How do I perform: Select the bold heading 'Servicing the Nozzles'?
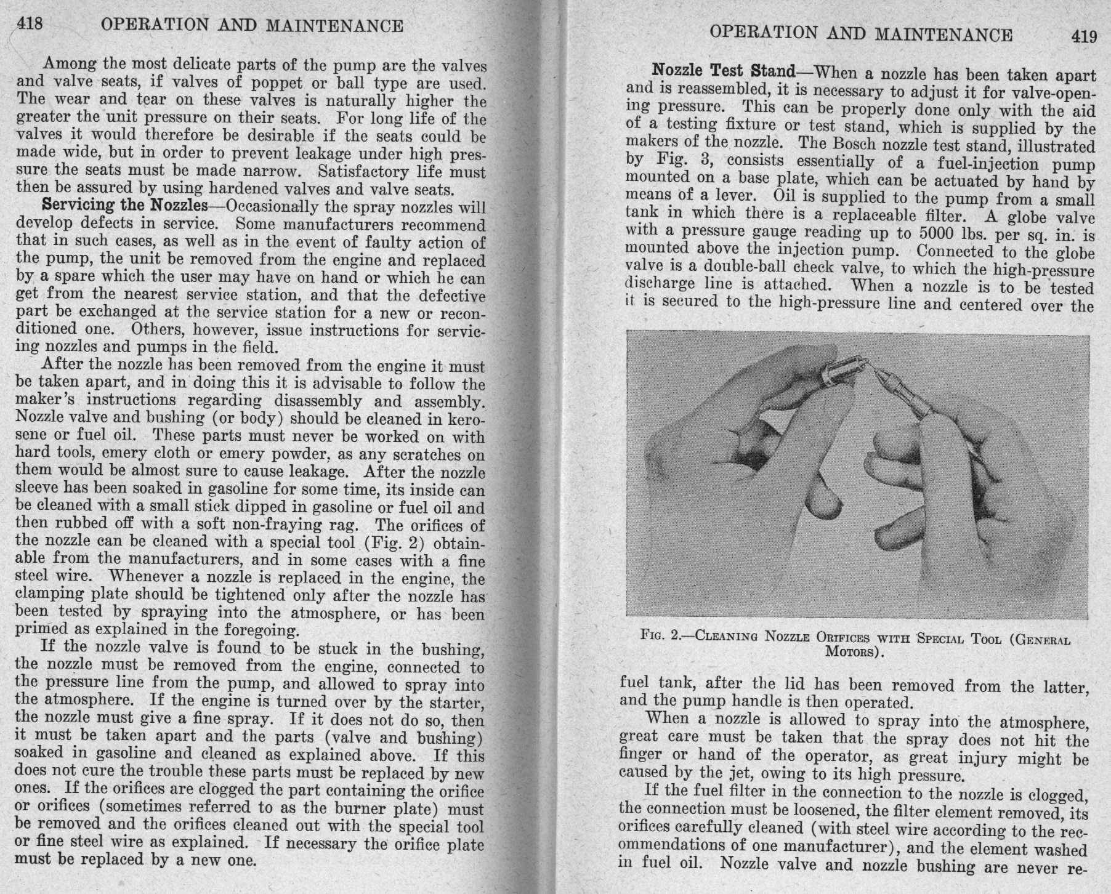click(126, 204)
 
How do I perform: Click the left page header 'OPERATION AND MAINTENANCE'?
click(251, 25)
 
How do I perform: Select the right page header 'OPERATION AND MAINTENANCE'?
click(861, 33)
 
